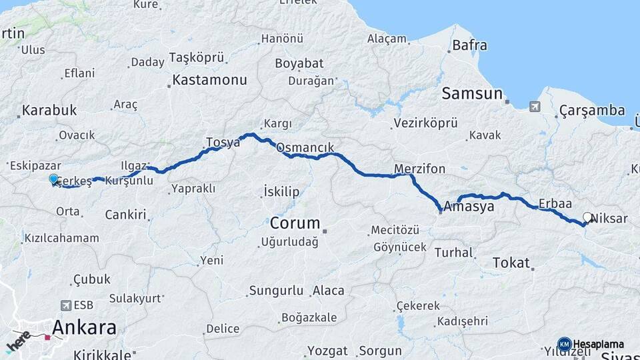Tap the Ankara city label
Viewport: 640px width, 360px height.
(x=84, y=327)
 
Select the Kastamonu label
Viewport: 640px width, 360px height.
(x=209, y=80)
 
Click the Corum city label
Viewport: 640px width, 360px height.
(x=295, y=223)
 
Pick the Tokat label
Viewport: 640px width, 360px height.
(x=511, y=263)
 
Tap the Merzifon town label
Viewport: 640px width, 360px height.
(x=419, y=169)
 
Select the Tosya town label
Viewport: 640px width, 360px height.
(x=223, y=142)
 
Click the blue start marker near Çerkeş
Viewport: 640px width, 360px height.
(x=53, y=179)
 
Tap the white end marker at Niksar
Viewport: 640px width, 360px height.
(x=587, y=217)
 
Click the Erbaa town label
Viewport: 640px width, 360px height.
(x=555, y=203)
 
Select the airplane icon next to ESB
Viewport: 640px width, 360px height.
(x=65, y=305)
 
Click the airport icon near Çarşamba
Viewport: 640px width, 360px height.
(x=534, y=106)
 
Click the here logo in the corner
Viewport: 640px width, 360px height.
(x=19, y=341)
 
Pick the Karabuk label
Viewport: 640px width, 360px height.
(x=49, y=111)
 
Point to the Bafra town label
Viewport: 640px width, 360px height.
(x=469, y=46)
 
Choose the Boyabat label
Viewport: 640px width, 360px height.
(x=299, y=63)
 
